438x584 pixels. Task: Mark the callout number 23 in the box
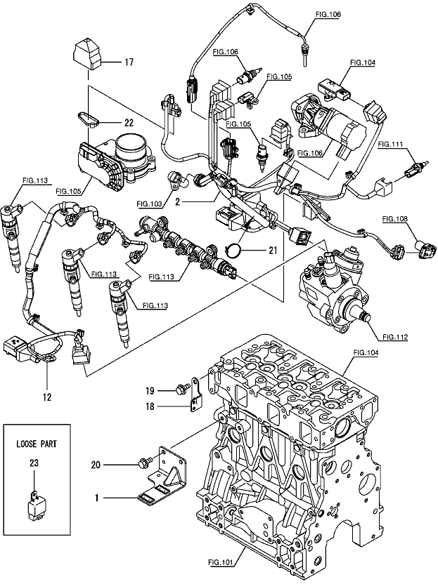tap(34, 463)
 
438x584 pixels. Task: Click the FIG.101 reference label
tap(222, 562)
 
